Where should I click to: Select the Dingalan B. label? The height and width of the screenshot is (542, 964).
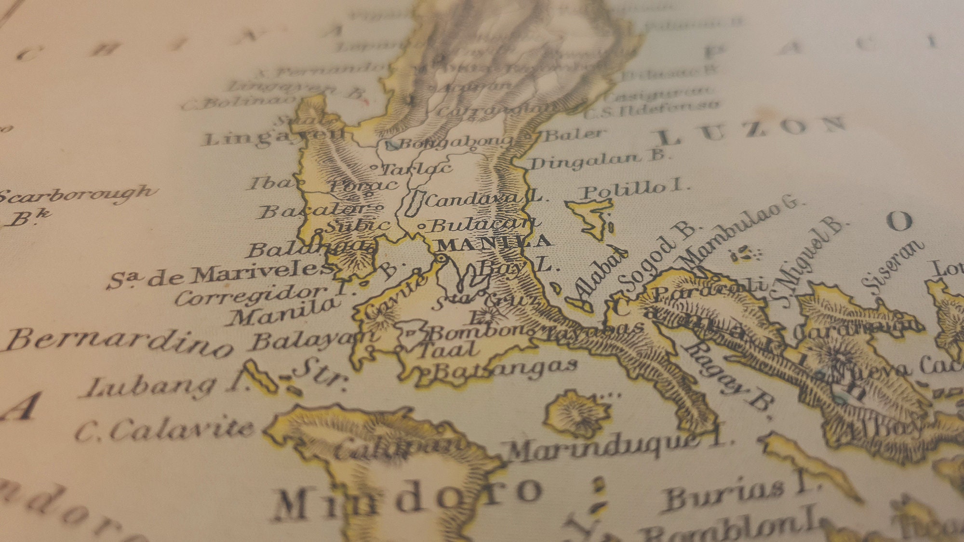click(x=598, y=159)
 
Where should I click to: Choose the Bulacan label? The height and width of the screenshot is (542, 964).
click(x=482, y=225)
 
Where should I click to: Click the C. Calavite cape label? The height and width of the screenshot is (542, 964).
click(x=164, y=429)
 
